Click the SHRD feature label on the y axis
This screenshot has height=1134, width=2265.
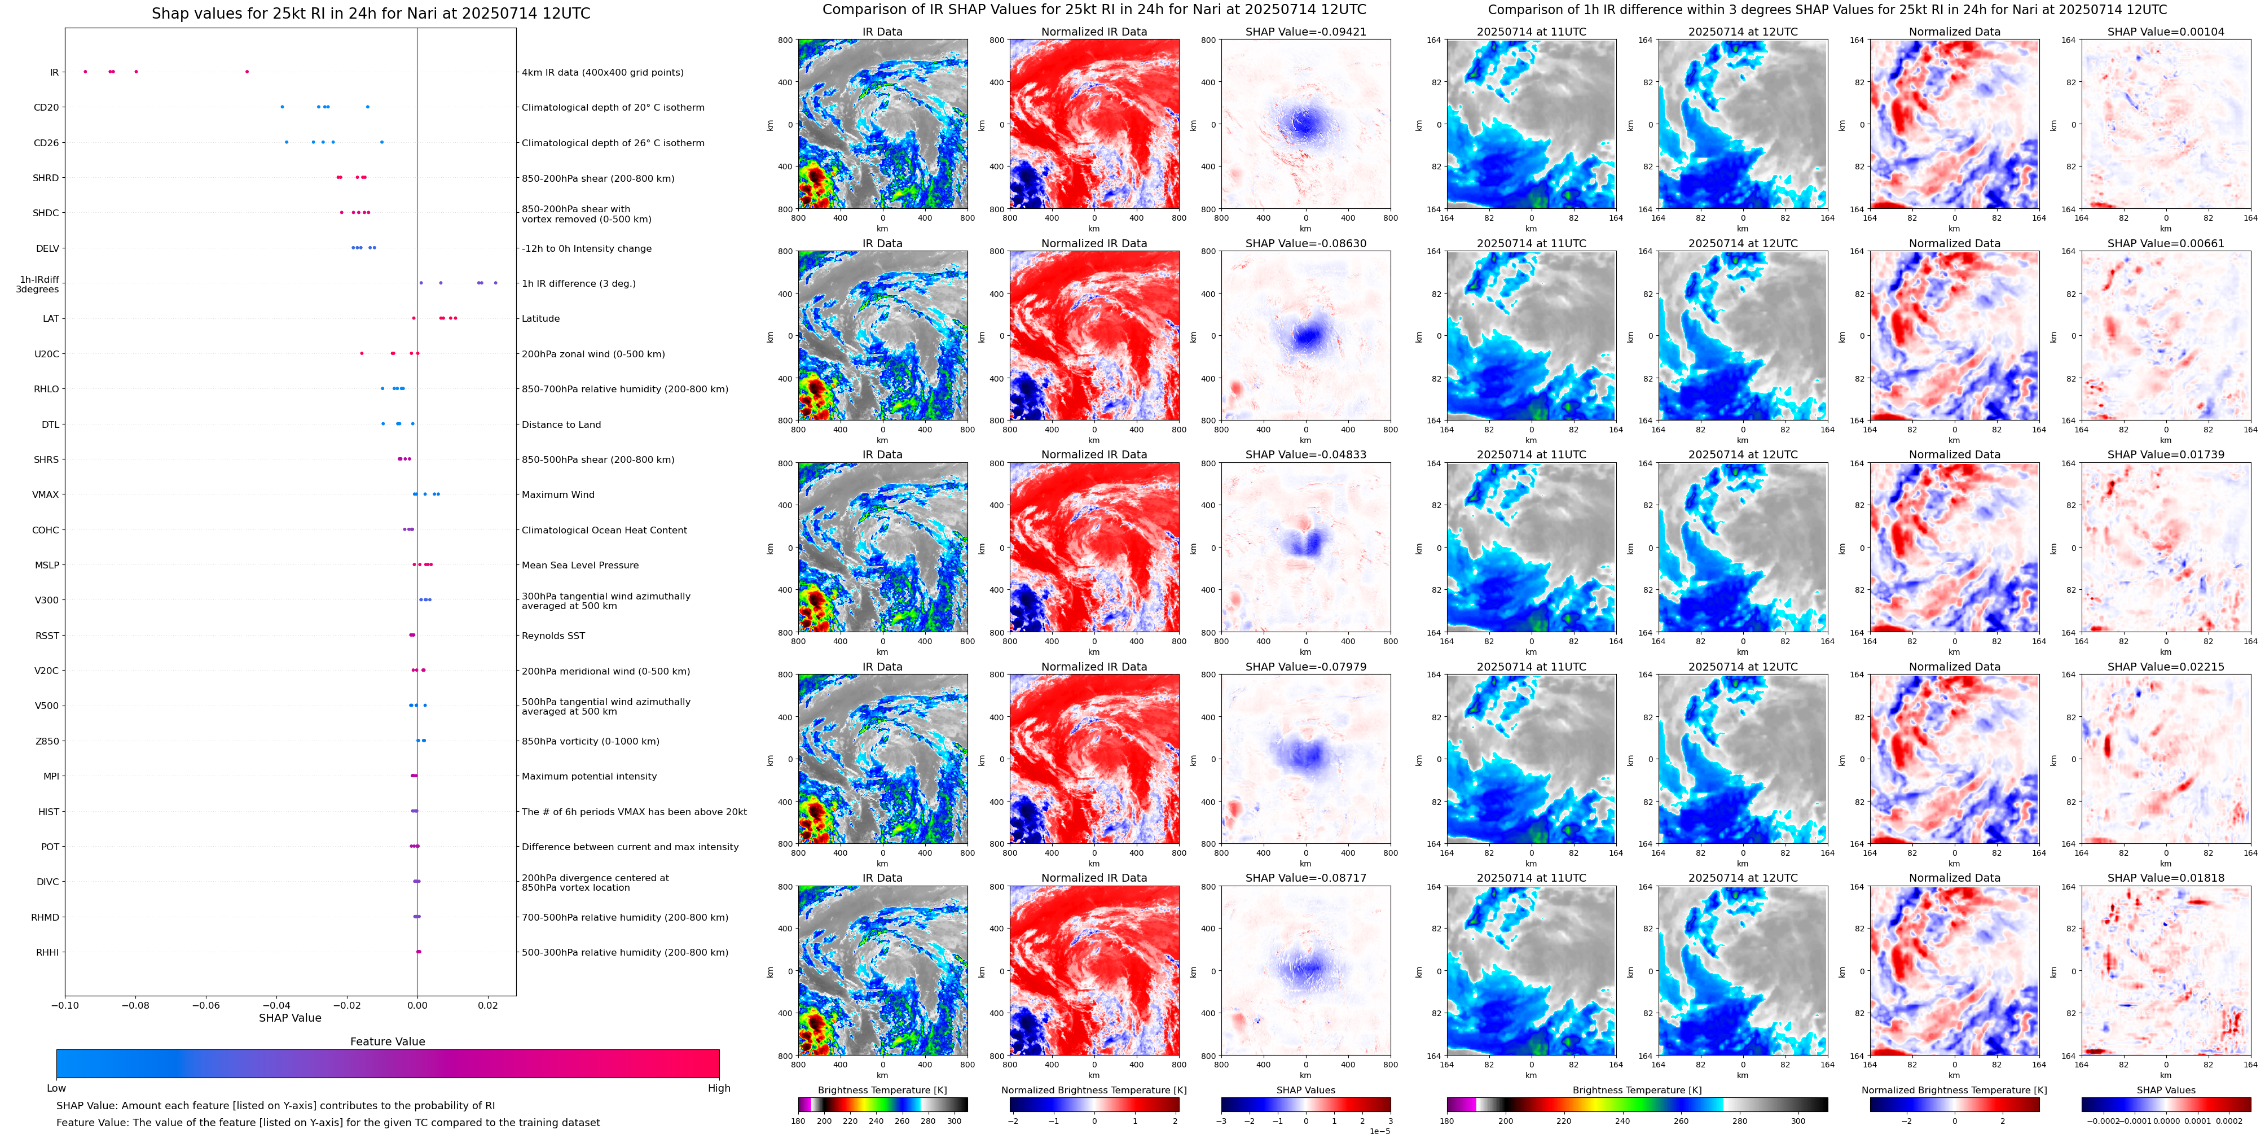click(x=46, y=178)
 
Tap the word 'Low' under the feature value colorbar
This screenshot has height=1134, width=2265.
click(x=56, y=1088)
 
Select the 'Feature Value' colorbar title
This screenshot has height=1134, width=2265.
click(x=387, y=1041)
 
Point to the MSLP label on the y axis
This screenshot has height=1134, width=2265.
click(x=47, y=565)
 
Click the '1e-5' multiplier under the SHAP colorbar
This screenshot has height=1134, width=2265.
click(x=1379, y=1131)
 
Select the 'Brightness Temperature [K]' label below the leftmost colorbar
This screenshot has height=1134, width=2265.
click(x=882, y=1090)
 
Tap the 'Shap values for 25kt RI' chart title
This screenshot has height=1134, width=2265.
click(x=370, y=13)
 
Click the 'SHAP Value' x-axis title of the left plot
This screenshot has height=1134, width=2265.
click(x=289, y=1018)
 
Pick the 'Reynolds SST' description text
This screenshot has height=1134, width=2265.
click(x=553, y=635)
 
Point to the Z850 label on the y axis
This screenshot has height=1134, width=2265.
click(x=47, y=741)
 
